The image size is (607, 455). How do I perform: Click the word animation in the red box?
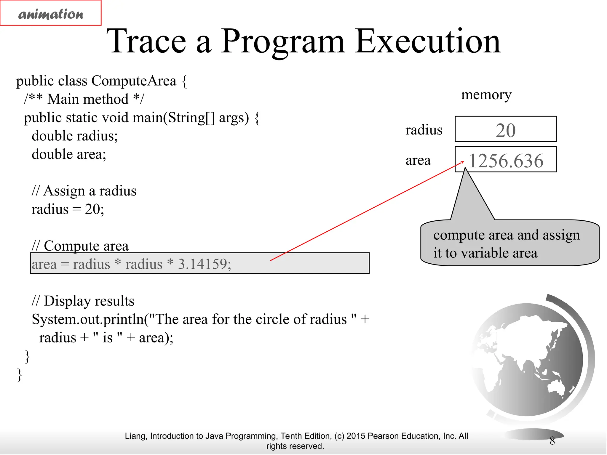(x=51, y=14)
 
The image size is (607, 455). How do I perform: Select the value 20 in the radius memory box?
(x=506, y=130)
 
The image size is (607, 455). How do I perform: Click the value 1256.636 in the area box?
(x=506, y=161)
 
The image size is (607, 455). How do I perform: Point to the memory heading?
(x=486, y=95)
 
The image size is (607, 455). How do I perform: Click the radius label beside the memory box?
(x=424, y=130)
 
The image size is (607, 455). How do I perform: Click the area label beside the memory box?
(x=418, y=161)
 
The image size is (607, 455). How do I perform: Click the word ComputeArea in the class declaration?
(x=134, y=81)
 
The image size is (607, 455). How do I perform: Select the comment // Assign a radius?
(x=84, y=191)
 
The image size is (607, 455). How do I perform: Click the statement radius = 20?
(x=68, y=209)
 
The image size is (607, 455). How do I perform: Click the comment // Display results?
(x=83, y=301)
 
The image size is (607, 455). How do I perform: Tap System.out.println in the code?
(x=87, y=319)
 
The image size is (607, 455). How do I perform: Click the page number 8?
(x=552, y=441)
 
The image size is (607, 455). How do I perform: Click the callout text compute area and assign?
(x=506, y=235)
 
